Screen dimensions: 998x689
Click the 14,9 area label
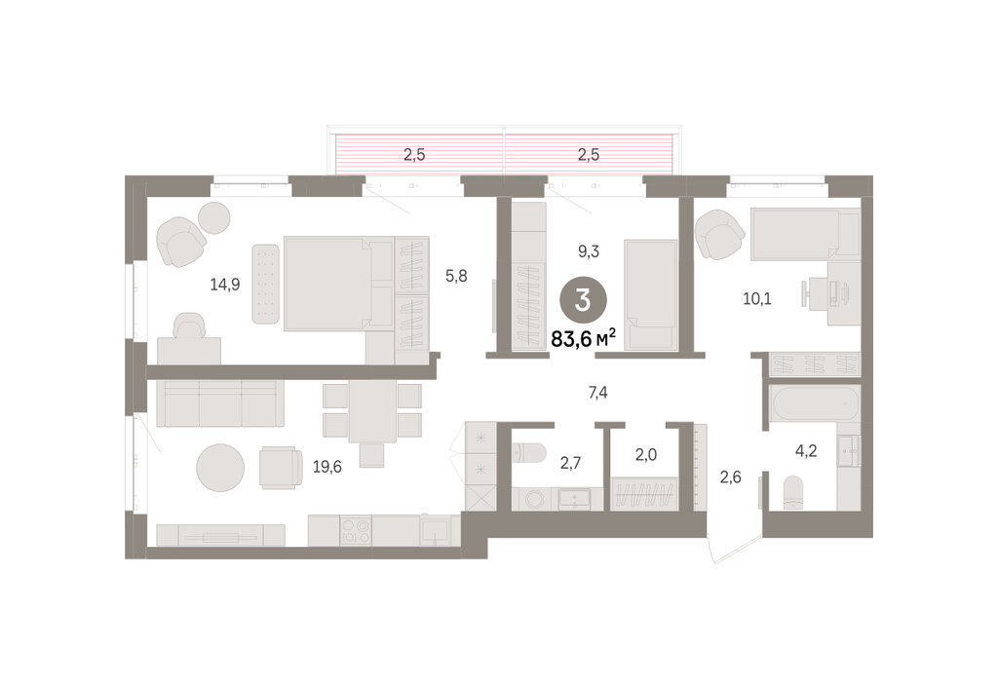pyautogui.click(x=225, y=285)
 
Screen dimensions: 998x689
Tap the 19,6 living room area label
pyautogui.click(x=327, y=467)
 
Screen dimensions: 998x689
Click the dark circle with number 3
pyautogui.click(x=583, y=301)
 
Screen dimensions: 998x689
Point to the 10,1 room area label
pyautogui.click(x=756, y=298)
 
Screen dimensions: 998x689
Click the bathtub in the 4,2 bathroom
pyautogui.click(x=814, y=402)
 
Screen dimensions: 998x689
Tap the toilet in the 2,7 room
pyautogui.click(x=529, y=453)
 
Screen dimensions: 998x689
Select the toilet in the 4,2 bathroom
pyautogui.click(x=793, y=492)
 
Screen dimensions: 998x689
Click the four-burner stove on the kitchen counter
pyautogui.click(x=356, y=530)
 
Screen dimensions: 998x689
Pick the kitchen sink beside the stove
pyautogui.click(x=436, y=530)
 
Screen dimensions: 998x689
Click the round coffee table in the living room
pyautogui.click(x=220, y=467)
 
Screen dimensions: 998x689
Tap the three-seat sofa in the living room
pyautogui.click(x=220, y=403)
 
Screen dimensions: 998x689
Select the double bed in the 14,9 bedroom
pyautogui.click(x=338, y=284)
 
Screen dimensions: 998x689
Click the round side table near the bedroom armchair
pyautogui.click(x=213, y=218)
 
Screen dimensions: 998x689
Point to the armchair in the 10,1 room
pyautogui.click(x=720, y=235)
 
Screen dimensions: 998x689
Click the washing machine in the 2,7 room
pyautogui.click(x=535, y=499)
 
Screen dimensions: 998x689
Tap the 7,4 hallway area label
pyautogui.click(x=597, y=393)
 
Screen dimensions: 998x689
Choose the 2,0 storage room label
pyautogui.click(x=645, y=454)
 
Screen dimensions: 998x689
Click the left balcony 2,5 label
pyautogui.click(x=414, y=155)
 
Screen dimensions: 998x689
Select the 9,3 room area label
pyautogui.click(x=588, y=251)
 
